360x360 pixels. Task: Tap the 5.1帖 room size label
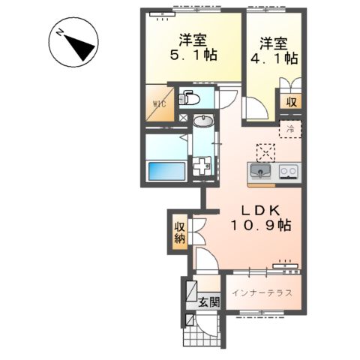click(192, 55)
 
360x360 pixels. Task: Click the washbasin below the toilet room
click(202, 121)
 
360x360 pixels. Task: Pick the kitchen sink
click(259, 173)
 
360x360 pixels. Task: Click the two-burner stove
click(288, 173)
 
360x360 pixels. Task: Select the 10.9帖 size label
click(255, 224)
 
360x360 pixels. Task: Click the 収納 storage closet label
click(180, 232)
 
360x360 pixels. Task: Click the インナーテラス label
click(261, 292)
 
